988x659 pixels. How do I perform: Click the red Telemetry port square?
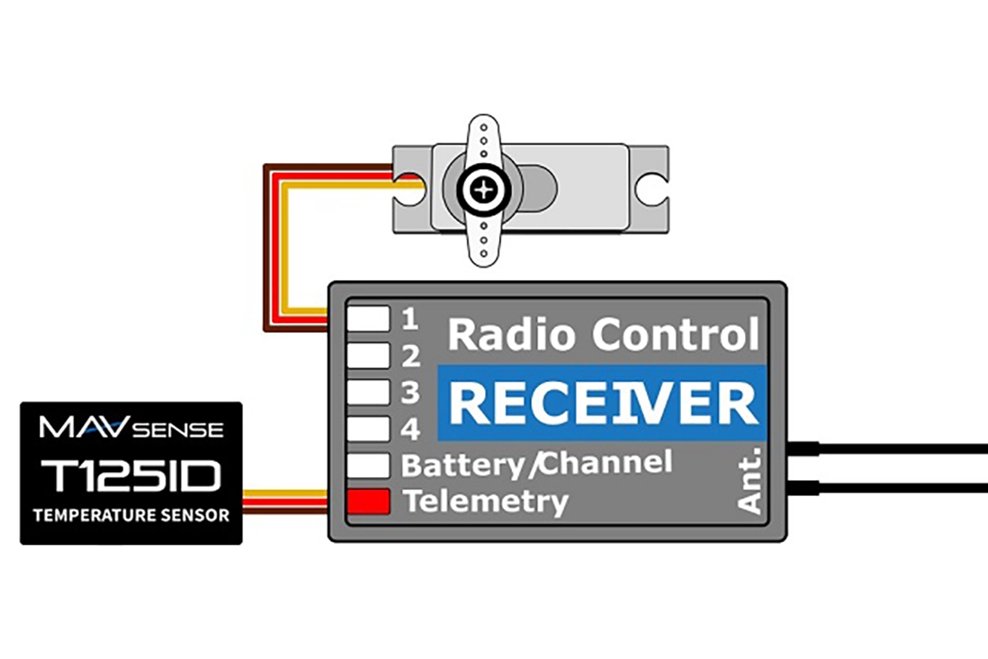pyautogui.click(x=368, y=501)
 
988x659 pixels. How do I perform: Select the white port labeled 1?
pyautogui.click(x=368, y=318)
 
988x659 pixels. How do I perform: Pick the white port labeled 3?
pyautogui.click(x=368, y=391)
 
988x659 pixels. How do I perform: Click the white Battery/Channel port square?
pyautogui.click(x=368, y=465)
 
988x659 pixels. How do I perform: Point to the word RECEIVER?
pyautogui.click(x=604, y=404)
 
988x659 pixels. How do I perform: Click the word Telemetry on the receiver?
pyautogui.click(x=486, y=501)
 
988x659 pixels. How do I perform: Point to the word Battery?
pyautogui.click(x=461, y=465)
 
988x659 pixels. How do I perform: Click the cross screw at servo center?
pyautogui.click(x=484, y=190)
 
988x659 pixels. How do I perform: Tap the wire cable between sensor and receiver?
pyautogui.click(x=285, y=501)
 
